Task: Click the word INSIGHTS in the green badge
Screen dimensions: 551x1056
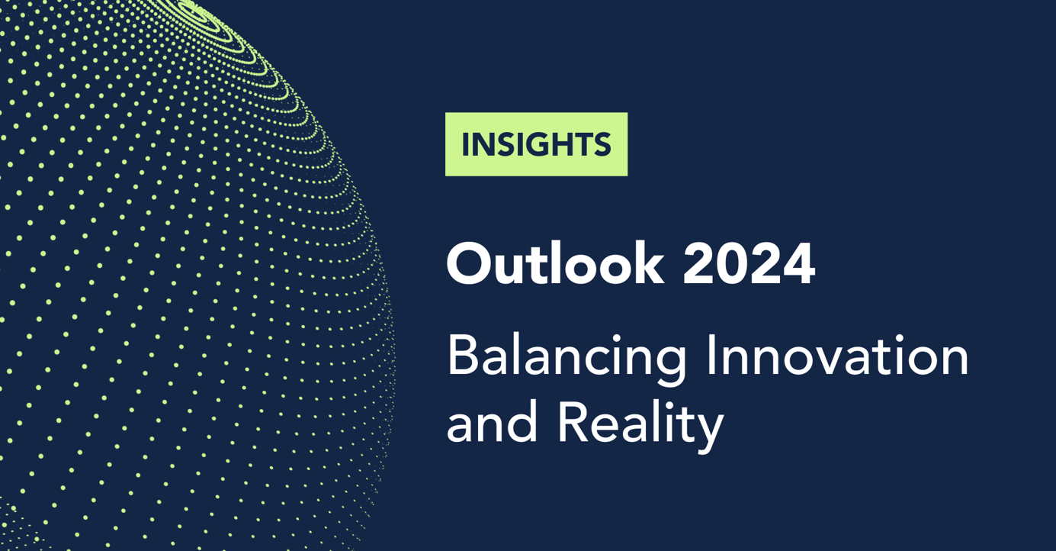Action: click(x=536, y=145)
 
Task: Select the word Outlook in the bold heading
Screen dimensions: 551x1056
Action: click(x=554, y=264)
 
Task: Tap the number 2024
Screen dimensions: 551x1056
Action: click(x=749, y=264)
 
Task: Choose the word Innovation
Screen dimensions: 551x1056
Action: click(x=836, y=356)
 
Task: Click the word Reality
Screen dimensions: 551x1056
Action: click(x=640, y=424)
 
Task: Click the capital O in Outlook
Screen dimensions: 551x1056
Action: click(x=469, y=265)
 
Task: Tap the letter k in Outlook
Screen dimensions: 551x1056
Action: click(x=647, y=263)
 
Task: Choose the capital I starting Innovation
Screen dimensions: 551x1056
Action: click(x=711, y=356)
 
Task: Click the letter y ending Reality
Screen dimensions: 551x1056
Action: click(x=710, y=430)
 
